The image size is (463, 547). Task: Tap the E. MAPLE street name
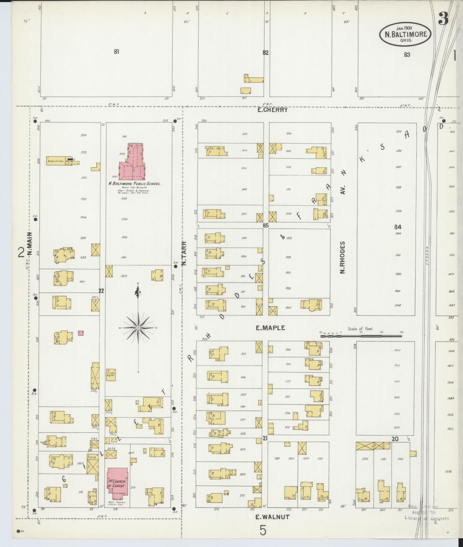point(270,328)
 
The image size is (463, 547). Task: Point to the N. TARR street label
point(184,253)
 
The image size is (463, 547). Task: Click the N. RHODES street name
point(342,257)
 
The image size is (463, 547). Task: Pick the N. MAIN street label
point(30,244)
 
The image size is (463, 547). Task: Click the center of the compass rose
point(138,328)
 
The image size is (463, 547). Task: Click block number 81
point(116,52)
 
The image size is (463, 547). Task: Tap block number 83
point(407,55)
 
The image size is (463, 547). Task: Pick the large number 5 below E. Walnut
point(263,530)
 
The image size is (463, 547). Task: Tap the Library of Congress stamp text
point(427,518)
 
